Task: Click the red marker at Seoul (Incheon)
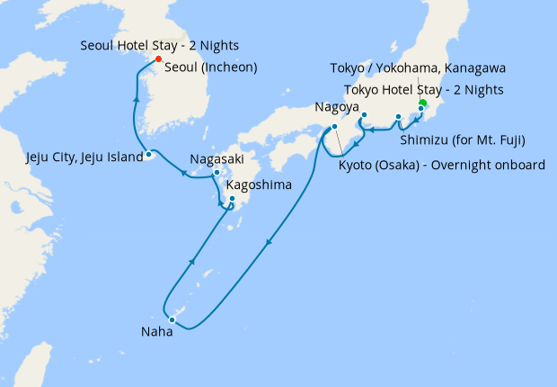coord(158,59)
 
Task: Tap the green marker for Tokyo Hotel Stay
coord(422,102)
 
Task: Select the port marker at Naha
coord(171,319)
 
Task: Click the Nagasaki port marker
coord(217,172)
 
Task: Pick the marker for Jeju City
coord(149,156)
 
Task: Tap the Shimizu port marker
coord(398,117)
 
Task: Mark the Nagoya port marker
coord(364,115)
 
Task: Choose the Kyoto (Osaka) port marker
coord(334,127)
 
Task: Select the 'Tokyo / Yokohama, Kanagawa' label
coord(418,68)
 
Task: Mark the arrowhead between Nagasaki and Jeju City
coord(183,173)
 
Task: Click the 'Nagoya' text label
coord(337,107)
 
